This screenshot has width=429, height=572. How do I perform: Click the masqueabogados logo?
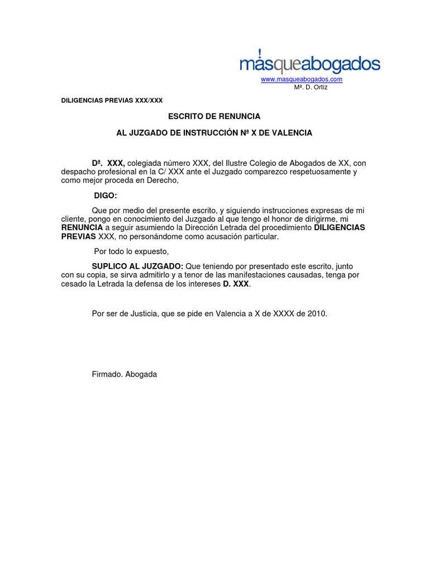(x=310, y=64)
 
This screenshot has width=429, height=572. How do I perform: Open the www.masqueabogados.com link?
(x=302, y=79)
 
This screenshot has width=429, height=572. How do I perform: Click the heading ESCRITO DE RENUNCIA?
(x=207, y=116)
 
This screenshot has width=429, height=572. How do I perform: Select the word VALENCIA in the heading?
(x=292, y=133)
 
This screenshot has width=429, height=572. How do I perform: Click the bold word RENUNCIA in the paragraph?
(x=82, y=228)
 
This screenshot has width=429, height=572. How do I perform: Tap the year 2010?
(x=316, y=314)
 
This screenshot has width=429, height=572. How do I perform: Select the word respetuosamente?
(x=321, y=171)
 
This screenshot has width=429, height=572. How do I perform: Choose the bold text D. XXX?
(x=236, y=284)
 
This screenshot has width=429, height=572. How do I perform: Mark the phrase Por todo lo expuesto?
(x=131, y=251)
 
